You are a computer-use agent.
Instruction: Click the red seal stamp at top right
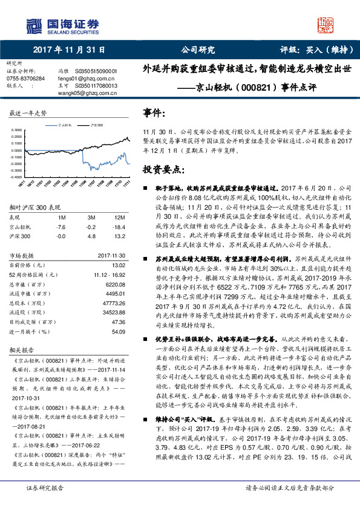click(326, 26)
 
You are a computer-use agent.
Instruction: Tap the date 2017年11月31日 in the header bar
click(69, 50)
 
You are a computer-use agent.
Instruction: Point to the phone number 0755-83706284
click(25, 79)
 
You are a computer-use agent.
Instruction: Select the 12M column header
click(120, 216)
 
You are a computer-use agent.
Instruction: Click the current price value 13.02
click(119, 264)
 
